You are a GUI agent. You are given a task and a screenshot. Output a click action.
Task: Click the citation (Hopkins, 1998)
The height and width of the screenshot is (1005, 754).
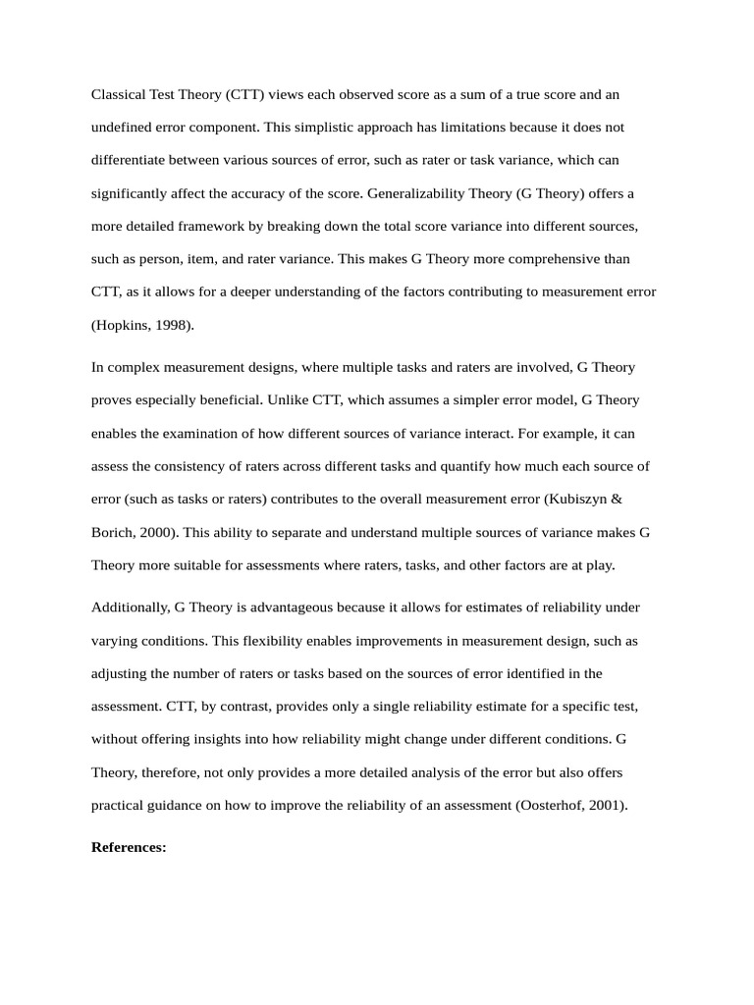[x=143, y=325]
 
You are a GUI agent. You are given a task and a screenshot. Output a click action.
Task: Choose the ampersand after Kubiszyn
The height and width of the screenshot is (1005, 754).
[x=617, y=499]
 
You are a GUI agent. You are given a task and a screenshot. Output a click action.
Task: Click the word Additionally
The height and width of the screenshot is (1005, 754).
[x=130, y=608]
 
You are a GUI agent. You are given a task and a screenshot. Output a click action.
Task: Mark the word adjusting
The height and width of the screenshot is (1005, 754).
[x=119, y=673]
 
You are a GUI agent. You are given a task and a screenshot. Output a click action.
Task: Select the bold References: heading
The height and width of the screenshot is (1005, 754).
[x=129, y=847]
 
